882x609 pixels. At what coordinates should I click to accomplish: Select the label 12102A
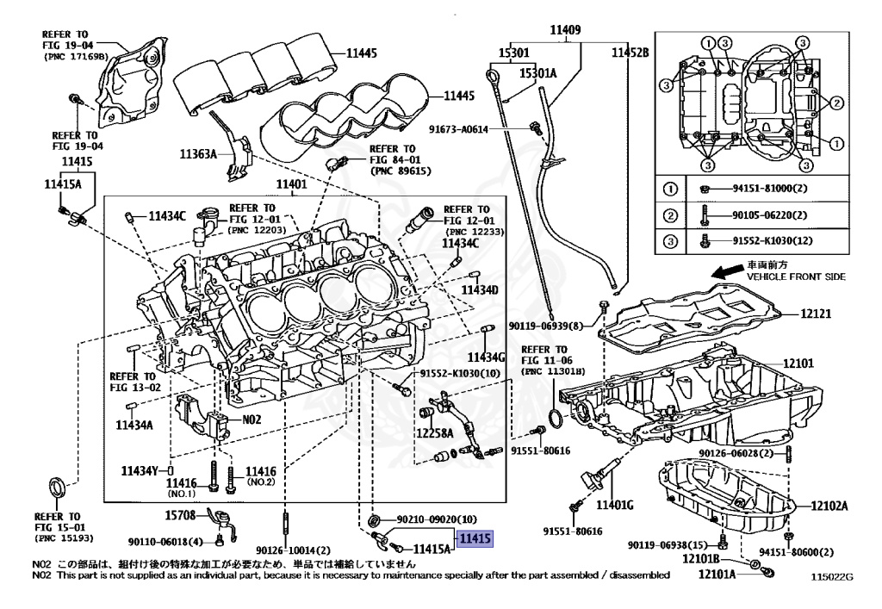[829, 506]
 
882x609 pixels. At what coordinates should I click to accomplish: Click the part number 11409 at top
[565, 30]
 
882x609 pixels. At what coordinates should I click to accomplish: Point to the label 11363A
[200, 155]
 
